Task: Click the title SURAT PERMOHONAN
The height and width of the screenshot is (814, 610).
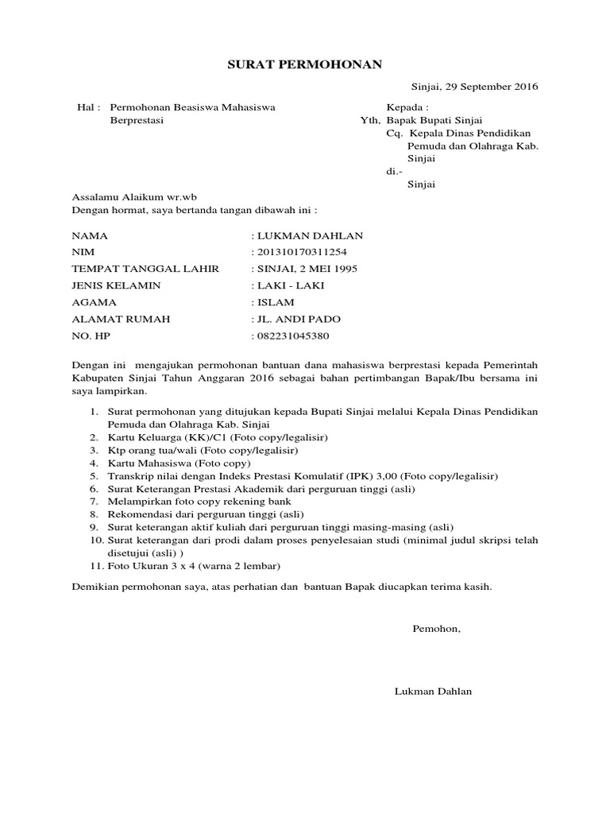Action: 305,64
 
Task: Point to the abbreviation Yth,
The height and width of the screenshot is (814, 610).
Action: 371,121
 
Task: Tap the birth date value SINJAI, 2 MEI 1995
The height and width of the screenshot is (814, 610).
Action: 307,269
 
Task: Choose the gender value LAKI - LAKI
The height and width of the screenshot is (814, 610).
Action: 291,285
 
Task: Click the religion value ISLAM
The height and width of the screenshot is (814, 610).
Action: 275,302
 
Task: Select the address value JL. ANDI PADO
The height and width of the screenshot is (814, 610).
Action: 298,319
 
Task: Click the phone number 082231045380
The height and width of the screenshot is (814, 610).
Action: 291,335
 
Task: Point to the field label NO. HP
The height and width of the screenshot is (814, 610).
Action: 91,335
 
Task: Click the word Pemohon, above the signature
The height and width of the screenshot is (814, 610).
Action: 436,629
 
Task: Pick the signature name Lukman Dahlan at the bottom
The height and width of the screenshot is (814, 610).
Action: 433,692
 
